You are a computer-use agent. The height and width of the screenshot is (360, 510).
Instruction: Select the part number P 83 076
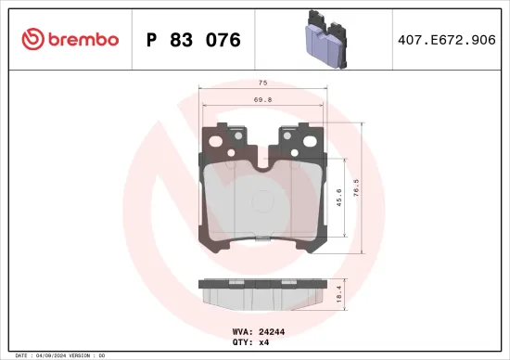193,40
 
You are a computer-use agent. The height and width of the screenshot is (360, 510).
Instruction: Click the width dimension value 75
263,83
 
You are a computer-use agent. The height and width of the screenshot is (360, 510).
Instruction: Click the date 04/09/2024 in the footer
54,355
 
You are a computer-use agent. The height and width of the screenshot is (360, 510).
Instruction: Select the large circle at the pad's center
262,196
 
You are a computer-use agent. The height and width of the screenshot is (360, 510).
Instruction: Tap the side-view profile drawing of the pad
262,295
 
